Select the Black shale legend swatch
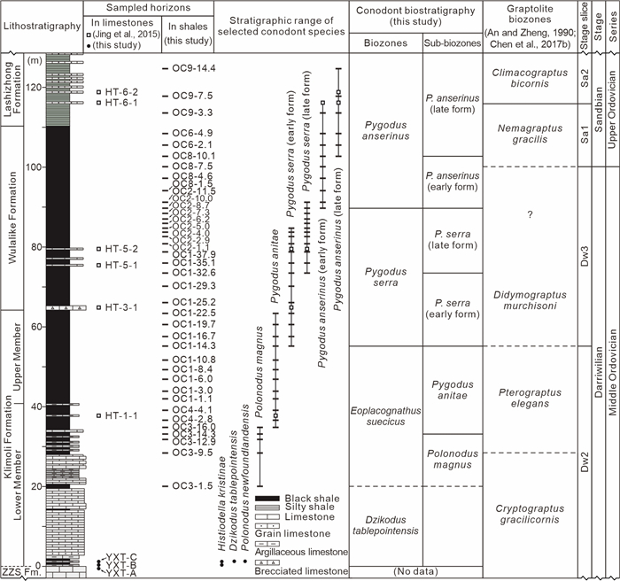click(267, 498)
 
